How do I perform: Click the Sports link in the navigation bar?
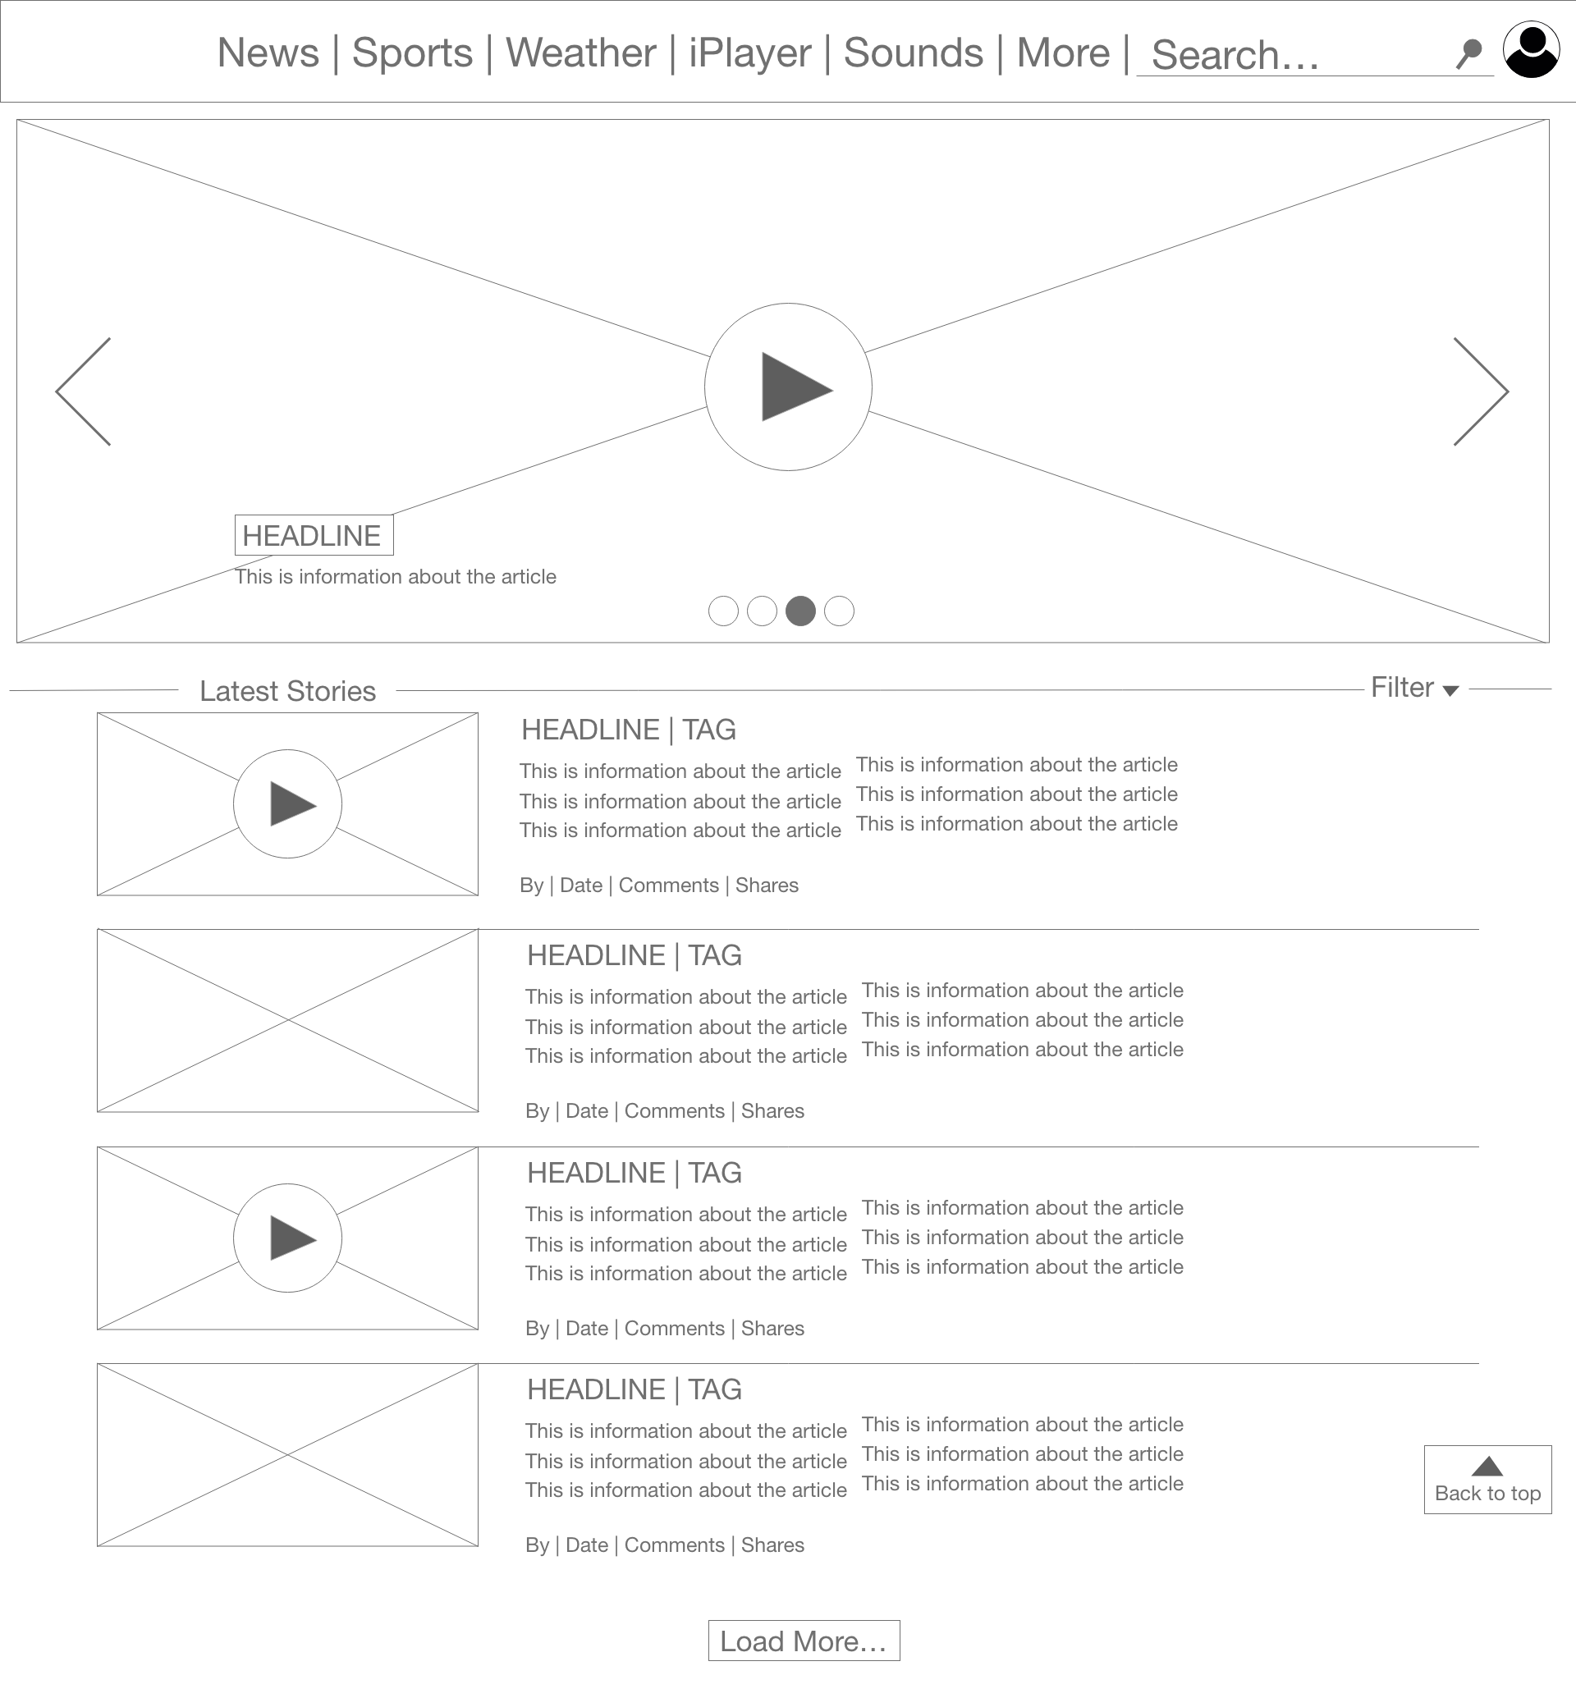[412, 53]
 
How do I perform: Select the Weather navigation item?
[581, 53]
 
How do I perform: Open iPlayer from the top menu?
[749, 53]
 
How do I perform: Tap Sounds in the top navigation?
[914, 53]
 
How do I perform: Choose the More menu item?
[1064, 53]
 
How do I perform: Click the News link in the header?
[268, 53]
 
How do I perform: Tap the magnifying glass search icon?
[1468, 53]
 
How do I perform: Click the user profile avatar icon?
[1531, 49]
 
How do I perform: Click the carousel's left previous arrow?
[83, 391]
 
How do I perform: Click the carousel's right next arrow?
[1482, 391]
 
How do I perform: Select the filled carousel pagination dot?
[800, 611]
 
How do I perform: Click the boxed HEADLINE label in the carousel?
[314, 535]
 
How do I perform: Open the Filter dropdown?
[1415, 688]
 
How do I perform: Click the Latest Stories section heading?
[287, 691]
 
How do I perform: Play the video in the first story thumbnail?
[287, 803]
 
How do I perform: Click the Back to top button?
[1487, 1480]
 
